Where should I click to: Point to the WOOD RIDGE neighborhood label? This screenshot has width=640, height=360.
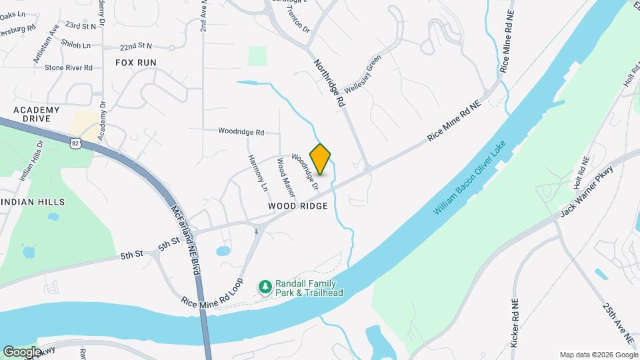tap(298, 207)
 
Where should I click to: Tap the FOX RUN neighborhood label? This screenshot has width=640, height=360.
tap(135, 62)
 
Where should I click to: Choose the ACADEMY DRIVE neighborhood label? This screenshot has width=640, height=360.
tap(36, 114)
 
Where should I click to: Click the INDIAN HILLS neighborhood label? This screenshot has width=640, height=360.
tap(33, 201)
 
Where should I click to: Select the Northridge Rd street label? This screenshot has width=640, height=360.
tap(329, 83)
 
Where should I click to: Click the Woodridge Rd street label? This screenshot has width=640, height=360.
tap(241, 132)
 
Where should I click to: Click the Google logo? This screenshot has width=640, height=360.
tap(21, 351)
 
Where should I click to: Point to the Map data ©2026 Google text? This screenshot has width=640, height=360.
tap(597, 355)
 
